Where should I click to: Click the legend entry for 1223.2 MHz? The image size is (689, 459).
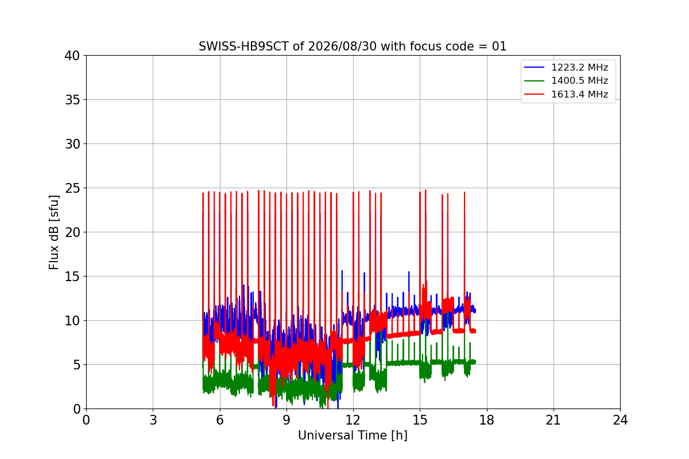click(566, 67)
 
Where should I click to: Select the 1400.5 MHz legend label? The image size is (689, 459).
click(566, 80)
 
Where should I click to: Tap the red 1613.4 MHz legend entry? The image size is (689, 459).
click(566, 94)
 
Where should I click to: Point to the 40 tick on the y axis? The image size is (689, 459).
click(72, 56)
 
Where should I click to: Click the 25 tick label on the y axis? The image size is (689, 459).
click(72, 188)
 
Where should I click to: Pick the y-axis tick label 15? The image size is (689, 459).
click(72, 277)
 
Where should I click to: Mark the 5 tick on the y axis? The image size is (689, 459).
click(76, 365)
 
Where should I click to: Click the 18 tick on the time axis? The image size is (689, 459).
click(487, 420)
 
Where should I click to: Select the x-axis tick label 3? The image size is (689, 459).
click(153, 420)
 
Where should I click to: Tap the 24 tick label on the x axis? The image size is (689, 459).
click(620, 420)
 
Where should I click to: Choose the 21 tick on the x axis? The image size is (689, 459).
click(553, 420)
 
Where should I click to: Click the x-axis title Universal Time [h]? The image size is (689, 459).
click(353, 435)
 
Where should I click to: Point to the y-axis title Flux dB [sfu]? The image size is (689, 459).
click(53, 232)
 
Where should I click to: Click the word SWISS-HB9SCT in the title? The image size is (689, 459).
click(243, 46)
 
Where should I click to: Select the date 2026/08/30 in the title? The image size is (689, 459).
click(342, 46)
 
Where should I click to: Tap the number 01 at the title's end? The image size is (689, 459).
click(499, 46)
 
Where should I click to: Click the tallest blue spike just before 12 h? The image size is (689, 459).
click(342, 271)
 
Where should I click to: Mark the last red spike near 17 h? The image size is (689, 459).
click(465, 192)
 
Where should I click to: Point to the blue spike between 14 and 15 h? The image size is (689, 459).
click(409, 272)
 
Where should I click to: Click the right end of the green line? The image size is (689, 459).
click(475, 362)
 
